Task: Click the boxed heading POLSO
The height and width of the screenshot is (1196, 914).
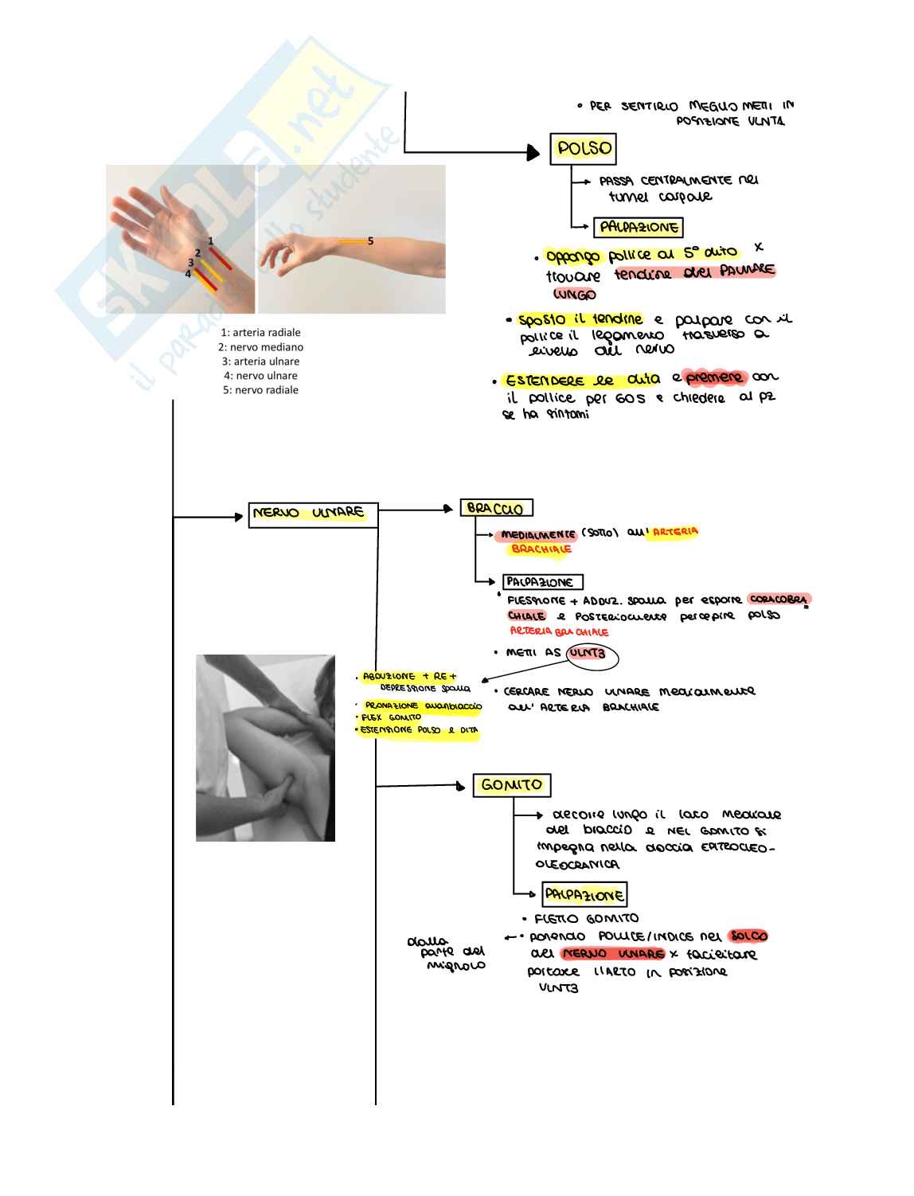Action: (584, 149)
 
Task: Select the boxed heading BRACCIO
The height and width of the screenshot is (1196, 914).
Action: (495, 508)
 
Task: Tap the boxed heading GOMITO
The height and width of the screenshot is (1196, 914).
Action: (511, 785)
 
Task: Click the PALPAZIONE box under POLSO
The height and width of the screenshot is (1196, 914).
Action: (639, 228)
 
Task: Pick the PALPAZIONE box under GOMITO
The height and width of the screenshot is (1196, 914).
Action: (584, 895)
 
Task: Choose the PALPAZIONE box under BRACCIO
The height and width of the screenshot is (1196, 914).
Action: (542, 582)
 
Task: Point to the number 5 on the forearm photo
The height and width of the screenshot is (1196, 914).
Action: (370, 241)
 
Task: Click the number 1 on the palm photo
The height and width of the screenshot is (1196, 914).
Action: (211, 241)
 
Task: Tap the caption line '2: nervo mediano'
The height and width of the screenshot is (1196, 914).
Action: (260, 347)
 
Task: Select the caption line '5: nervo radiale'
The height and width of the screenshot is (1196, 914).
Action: (260, 390)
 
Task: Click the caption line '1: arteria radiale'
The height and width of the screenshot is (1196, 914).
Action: (260, 333)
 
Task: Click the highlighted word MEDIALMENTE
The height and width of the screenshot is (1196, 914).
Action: (538, 535)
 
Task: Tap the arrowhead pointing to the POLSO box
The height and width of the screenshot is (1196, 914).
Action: (534, 151)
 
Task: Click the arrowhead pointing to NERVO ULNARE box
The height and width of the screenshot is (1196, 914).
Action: (239, 517)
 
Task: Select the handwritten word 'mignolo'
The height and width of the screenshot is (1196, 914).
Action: (456, 966)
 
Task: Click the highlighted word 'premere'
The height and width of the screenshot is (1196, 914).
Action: (714, 377)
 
